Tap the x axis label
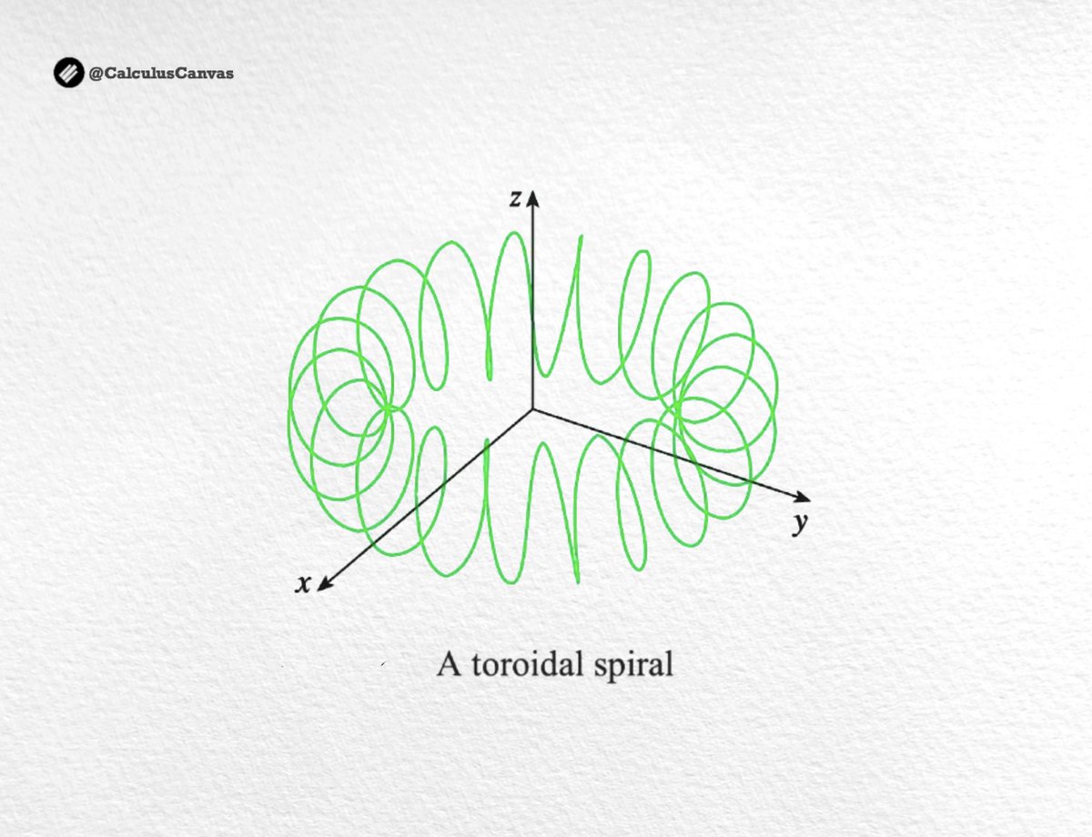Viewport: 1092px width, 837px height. (303, 584)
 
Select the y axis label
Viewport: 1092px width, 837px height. (800, 524)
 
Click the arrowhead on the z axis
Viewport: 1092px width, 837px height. (533, 197)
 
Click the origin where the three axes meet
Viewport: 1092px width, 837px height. (533, 409)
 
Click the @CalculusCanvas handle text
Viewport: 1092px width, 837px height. (160, 73)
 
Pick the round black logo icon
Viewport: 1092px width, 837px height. (68, 73)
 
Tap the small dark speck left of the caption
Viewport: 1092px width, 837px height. (383, 667)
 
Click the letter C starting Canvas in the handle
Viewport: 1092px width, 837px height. (168, 73)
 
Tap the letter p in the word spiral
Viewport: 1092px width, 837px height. (625, 668)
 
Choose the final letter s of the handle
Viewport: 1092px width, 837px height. (229, 74)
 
